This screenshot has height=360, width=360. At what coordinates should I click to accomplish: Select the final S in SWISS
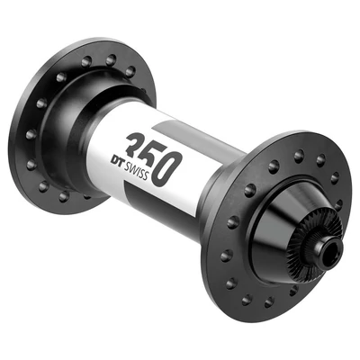coord(167,177)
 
